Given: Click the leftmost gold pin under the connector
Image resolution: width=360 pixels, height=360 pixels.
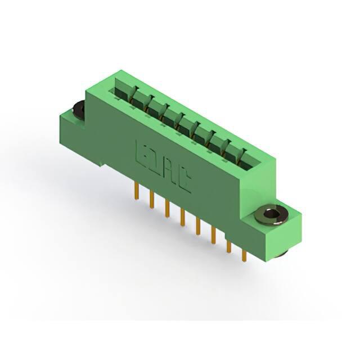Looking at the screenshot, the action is coord(137,191).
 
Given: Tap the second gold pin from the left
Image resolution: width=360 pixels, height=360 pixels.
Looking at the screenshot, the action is coord(151,200).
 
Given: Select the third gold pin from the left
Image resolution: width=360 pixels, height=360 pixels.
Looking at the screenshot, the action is coord(168,208).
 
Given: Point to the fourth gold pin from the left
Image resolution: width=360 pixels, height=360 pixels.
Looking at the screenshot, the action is coord(183,217).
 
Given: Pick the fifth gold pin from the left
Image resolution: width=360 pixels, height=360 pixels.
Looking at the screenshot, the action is coord(198,226).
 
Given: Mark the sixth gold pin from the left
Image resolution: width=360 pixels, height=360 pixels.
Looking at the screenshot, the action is coord(214,235).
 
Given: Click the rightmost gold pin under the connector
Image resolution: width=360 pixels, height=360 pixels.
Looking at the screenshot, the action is coord(244,255).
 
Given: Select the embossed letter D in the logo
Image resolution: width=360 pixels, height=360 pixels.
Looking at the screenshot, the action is coord(152,160).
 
